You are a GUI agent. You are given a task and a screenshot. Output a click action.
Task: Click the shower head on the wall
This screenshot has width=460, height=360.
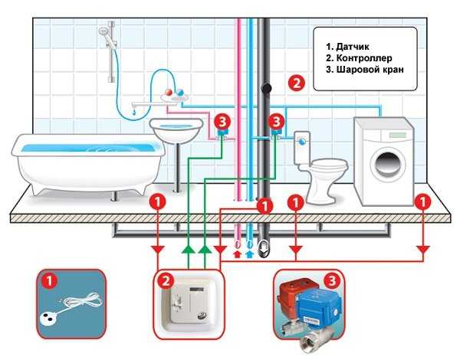tap(103, 32)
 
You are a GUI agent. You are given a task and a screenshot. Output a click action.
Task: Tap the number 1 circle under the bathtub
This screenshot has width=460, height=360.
tap(156, 202)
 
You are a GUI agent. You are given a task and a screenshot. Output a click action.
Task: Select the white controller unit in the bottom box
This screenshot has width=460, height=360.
tap(191, 307)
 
